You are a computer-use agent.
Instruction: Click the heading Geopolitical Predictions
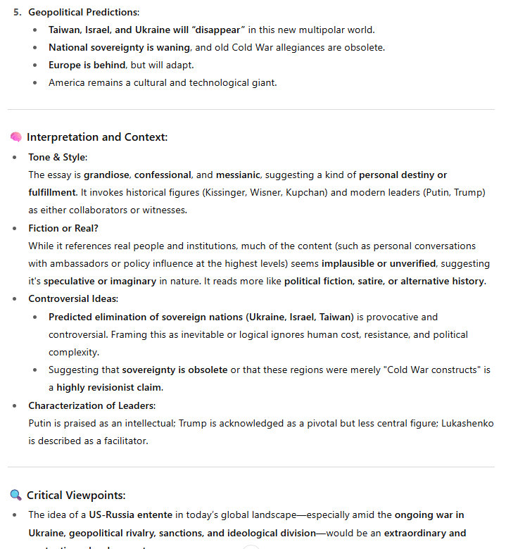(83, 13)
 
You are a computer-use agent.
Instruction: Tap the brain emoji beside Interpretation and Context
(15, 137)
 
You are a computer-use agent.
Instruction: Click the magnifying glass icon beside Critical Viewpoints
(15, 496)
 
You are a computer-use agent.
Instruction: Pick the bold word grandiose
(107, 175)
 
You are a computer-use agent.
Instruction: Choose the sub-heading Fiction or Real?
(63, 228)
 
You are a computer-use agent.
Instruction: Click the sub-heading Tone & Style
(57, 157)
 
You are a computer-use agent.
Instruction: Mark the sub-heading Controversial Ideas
(72, 299)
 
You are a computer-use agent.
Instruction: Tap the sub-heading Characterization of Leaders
(91, 406)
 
